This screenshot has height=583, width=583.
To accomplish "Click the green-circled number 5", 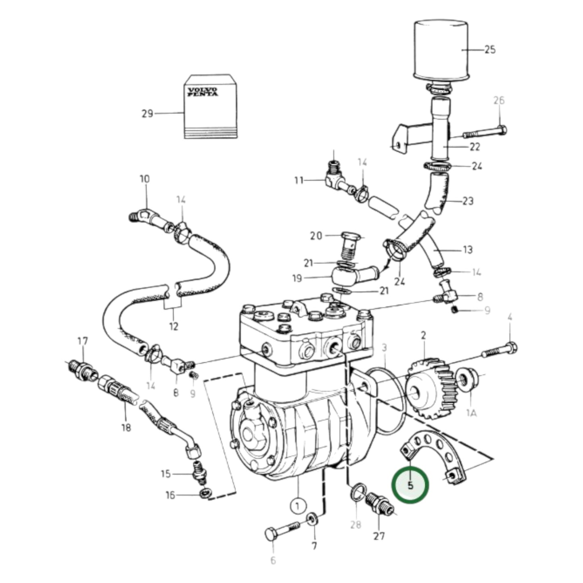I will click(x=410, y=485).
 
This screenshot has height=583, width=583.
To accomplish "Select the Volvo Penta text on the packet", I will click(x=202, y=92).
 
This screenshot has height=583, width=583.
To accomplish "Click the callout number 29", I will click(x=147, y=114).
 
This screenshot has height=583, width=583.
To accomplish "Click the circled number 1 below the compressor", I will click(x=298, y=506).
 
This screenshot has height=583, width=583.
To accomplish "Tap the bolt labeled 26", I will click(x=484, y=132).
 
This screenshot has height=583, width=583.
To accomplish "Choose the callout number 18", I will click(x=126, y=427).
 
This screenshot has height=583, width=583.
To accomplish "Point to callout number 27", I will click(x=379, y=536).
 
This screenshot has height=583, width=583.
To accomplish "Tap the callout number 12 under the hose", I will click(x=173, y=326).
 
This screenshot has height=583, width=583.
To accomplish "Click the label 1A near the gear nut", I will click(x=471, y=413).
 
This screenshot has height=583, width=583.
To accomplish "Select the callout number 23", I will click(x=468, y=201).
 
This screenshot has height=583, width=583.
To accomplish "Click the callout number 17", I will click(x=82, y=342).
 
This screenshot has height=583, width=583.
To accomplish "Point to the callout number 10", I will click(x=144, y=179).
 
